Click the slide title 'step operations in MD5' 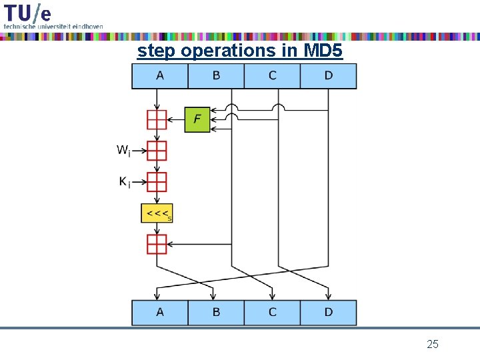click(x=240, y=51)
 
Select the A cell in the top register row click(x=160, y=76)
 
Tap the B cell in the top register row click(x=216, y=76)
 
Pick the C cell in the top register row click(x=272, y=76)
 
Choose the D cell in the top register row click(x=328, y=76)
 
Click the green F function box click(x=197, y=119)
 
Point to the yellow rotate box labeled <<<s click(x=157, y=213)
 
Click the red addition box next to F click(x=157, y=119)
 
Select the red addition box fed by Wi click(x=157, y=151)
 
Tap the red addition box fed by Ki click(x=157, y=182)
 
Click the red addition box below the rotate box click(x=157, y=244)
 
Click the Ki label click(x=124, y=182)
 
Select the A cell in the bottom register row click(x=160, y=312)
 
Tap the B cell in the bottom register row click(x=216, y=312)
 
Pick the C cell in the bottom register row click(x=272, y=312)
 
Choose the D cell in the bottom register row click(x=328, y=312)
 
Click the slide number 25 click(x=432, y=344)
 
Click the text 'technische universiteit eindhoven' click(x=53, y=26)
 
